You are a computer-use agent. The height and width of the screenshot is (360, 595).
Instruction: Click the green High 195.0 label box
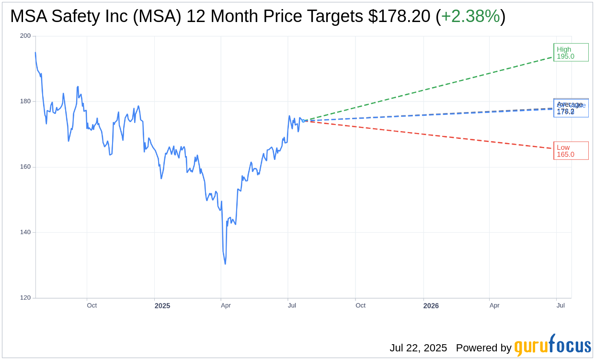click(x=571, y=52)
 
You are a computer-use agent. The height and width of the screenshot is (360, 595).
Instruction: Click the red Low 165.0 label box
click(x=571, y=150)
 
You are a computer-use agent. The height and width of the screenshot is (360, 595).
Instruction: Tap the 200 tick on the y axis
click(x=25, y=36)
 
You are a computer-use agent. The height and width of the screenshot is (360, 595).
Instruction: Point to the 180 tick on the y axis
click(x=25, y=101)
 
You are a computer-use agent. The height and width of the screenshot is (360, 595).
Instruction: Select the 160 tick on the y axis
click(x=25, y=167)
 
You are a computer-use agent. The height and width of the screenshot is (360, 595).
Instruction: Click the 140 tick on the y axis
click(x=25, y=232)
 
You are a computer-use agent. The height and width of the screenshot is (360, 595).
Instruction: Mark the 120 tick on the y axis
click(x=25, y=298)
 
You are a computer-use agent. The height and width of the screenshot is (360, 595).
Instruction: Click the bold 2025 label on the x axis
click(x=162, y=306)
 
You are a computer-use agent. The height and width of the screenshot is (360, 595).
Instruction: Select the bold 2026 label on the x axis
click(x=431, y=306)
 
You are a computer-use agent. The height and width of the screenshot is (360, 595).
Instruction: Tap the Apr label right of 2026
click(x=494, y=305)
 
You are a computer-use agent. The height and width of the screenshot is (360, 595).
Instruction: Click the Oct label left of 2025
click(x=92, y=305)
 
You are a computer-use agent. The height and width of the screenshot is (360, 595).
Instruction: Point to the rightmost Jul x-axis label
click(x=561, y=305)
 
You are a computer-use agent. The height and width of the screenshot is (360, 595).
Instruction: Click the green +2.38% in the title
click(x=470, y=16)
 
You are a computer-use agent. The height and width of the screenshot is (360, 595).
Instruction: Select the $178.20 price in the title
click(x=399, y=16)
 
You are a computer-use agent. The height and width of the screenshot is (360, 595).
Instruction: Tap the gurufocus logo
click(x=552, y=346)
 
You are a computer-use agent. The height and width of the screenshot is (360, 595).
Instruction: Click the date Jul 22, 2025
click(x=418, y=348)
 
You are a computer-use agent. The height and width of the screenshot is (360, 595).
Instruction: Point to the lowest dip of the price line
click(x=225, y=264)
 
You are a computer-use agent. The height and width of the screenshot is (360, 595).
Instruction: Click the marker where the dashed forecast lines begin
click(x=303, y=121)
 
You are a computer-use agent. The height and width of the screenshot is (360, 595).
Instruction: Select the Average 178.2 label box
click(x=571, y=107)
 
